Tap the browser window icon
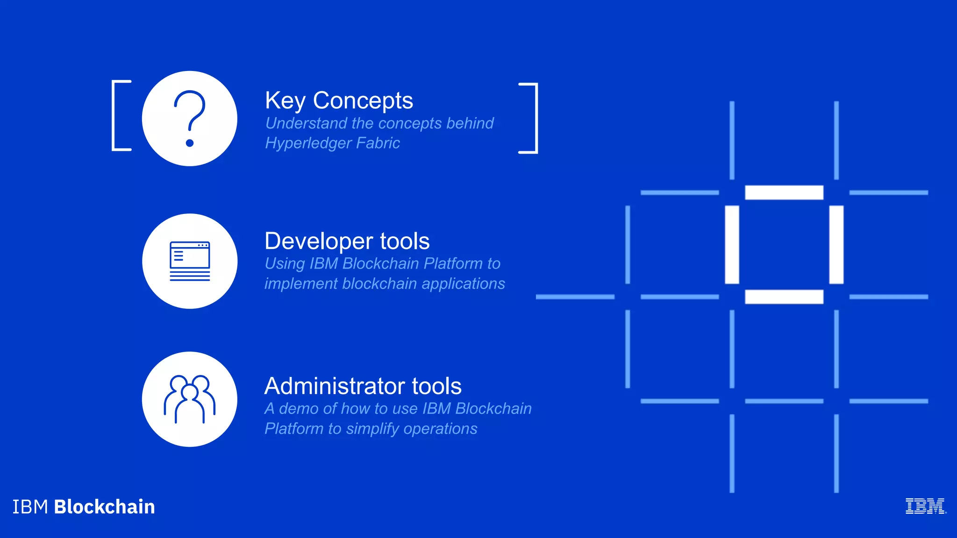190,261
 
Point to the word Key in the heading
285,101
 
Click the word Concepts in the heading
363,101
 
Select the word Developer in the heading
319,242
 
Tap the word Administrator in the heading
335,386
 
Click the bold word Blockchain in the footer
104,507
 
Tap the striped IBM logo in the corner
925,506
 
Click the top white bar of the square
784,192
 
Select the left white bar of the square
732,244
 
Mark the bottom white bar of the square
784,297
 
